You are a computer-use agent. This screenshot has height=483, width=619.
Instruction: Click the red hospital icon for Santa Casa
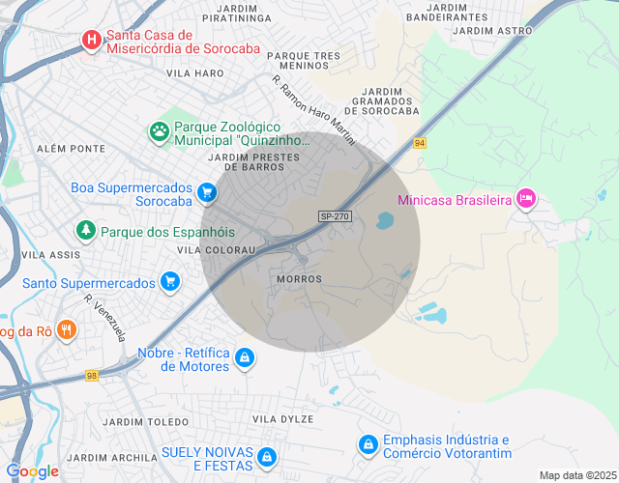[92, 40]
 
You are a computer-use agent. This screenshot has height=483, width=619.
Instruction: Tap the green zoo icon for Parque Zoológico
[159, 129]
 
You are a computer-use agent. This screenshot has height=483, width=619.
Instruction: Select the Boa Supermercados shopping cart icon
[206, 194]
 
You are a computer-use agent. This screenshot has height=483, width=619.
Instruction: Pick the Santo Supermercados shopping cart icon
[170, 282]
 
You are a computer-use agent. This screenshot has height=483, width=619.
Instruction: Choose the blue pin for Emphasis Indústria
[368, 444]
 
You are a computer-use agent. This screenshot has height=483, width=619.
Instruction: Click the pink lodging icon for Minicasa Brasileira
[525, 199]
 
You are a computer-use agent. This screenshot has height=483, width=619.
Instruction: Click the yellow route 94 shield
[419, 143]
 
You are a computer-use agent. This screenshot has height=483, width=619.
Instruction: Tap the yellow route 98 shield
[91, 376]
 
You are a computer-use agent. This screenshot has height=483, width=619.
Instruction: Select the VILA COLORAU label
[217, 249]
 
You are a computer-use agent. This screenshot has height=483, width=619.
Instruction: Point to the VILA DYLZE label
[283, 418]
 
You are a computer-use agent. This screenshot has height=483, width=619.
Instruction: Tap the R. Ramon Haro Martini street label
[313, 110]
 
